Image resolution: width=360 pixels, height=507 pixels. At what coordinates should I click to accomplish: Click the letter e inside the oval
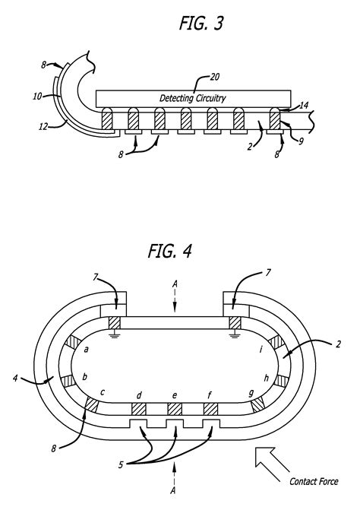tap(175, 395)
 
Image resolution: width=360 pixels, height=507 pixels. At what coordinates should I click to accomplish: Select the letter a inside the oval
tap(87, 349)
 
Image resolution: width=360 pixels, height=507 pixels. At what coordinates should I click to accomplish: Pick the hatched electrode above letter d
tap(139, 409)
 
